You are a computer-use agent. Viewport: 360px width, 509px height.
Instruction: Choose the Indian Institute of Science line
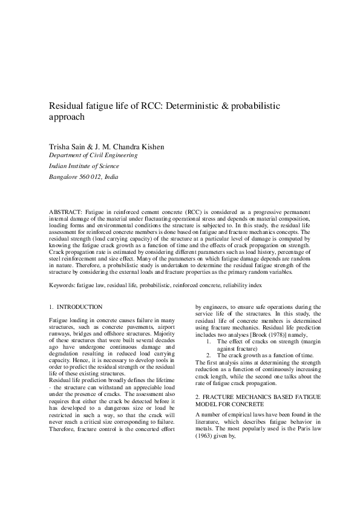pos(83,166)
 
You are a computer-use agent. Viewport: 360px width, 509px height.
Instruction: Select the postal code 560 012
pos(88,177)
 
